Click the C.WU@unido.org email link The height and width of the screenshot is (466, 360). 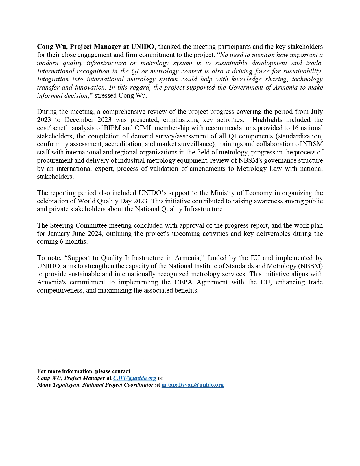click(135, 378)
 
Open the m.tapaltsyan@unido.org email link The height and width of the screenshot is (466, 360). click(193, 385)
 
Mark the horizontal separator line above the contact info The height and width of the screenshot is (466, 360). click(97, 361)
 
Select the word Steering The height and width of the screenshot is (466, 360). click(63, 225)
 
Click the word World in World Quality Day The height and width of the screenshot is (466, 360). click(86, 201)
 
